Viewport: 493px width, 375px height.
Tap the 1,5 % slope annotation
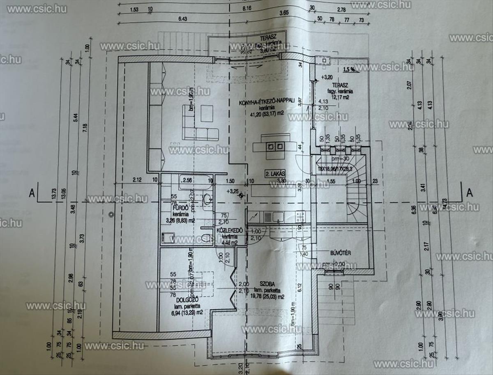(x=349, y=69)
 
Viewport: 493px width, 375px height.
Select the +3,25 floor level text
(x=233, y=191)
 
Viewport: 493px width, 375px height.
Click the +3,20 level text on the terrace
(x=327, y=77)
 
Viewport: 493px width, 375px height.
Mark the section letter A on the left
(x=31, y=192)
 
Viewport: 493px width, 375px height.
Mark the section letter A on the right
(x=470, y=192)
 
